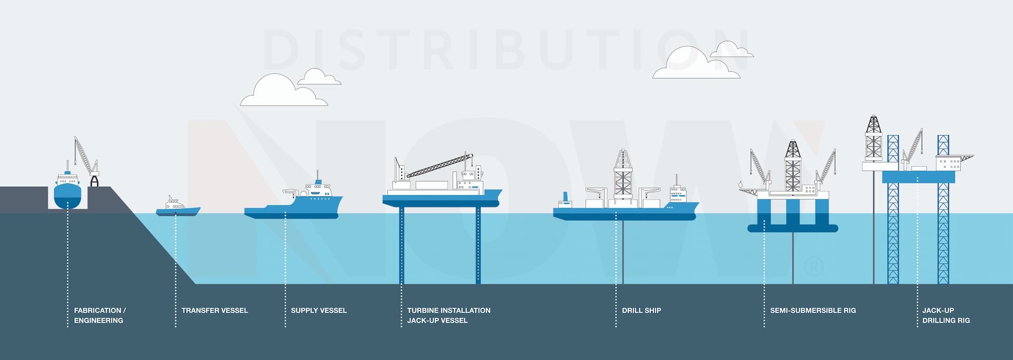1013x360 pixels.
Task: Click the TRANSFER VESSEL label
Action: pyautogui.click(x=214, y=310)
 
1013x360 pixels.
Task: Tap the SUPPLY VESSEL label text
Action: pyautogui.click(x=319, y=310)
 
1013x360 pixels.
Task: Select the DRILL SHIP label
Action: pyautogui.click(x=641, y=310)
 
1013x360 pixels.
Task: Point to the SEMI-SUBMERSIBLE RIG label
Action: pyautogui.click(x=813, y=310)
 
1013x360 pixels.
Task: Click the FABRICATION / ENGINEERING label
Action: pyautogui.click(x=100, y=315)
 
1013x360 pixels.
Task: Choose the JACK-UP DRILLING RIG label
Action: pyautogui.click(x=945, y=315)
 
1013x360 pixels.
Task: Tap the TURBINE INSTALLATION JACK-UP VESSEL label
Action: pyautogui.click(x=448, y=315)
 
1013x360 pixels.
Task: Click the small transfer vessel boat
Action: pyautogui.click(x=178, y=209)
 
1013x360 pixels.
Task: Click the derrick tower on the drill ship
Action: pyautogui.click(x=623, y=174)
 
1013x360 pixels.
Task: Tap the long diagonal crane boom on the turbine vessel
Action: pyautogui.click(x=438, y=165)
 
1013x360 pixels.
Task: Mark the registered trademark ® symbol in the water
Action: pyautogui.click(x=813, y=266)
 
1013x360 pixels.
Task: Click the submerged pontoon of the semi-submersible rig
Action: pyautogui.click(x=792, y=229)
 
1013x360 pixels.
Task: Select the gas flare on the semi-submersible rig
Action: pyautogui.click(x=740, y=184)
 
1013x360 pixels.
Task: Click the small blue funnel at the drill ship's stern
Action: pyautogui.click(x=566, y=197)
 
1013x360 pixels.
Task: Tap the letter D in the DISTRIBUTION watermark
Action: pyautogui.click(x=282, y=50)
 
